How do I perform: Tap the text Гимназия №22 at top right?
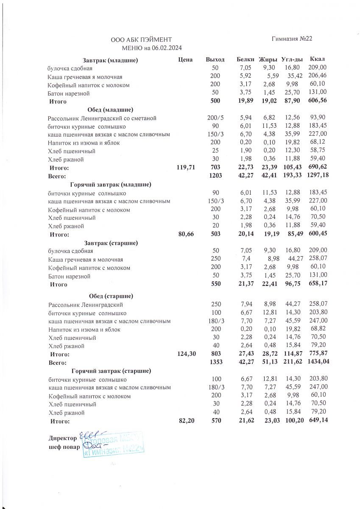tap(292, 39)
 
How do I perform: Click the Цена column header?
tap(186, 60)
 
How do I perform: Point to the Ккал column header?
tap(318, 59)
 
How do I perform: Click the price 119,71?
tap(185, 168)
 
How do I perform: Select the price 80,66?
tap(185, 234)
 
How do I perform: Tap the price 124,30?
tap(185, 354)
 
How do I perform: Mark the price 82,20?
tap(185, 421)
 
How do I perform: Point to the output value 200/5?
tap(215, 118)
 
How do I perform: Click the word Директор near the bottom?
tap(63, 437)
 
